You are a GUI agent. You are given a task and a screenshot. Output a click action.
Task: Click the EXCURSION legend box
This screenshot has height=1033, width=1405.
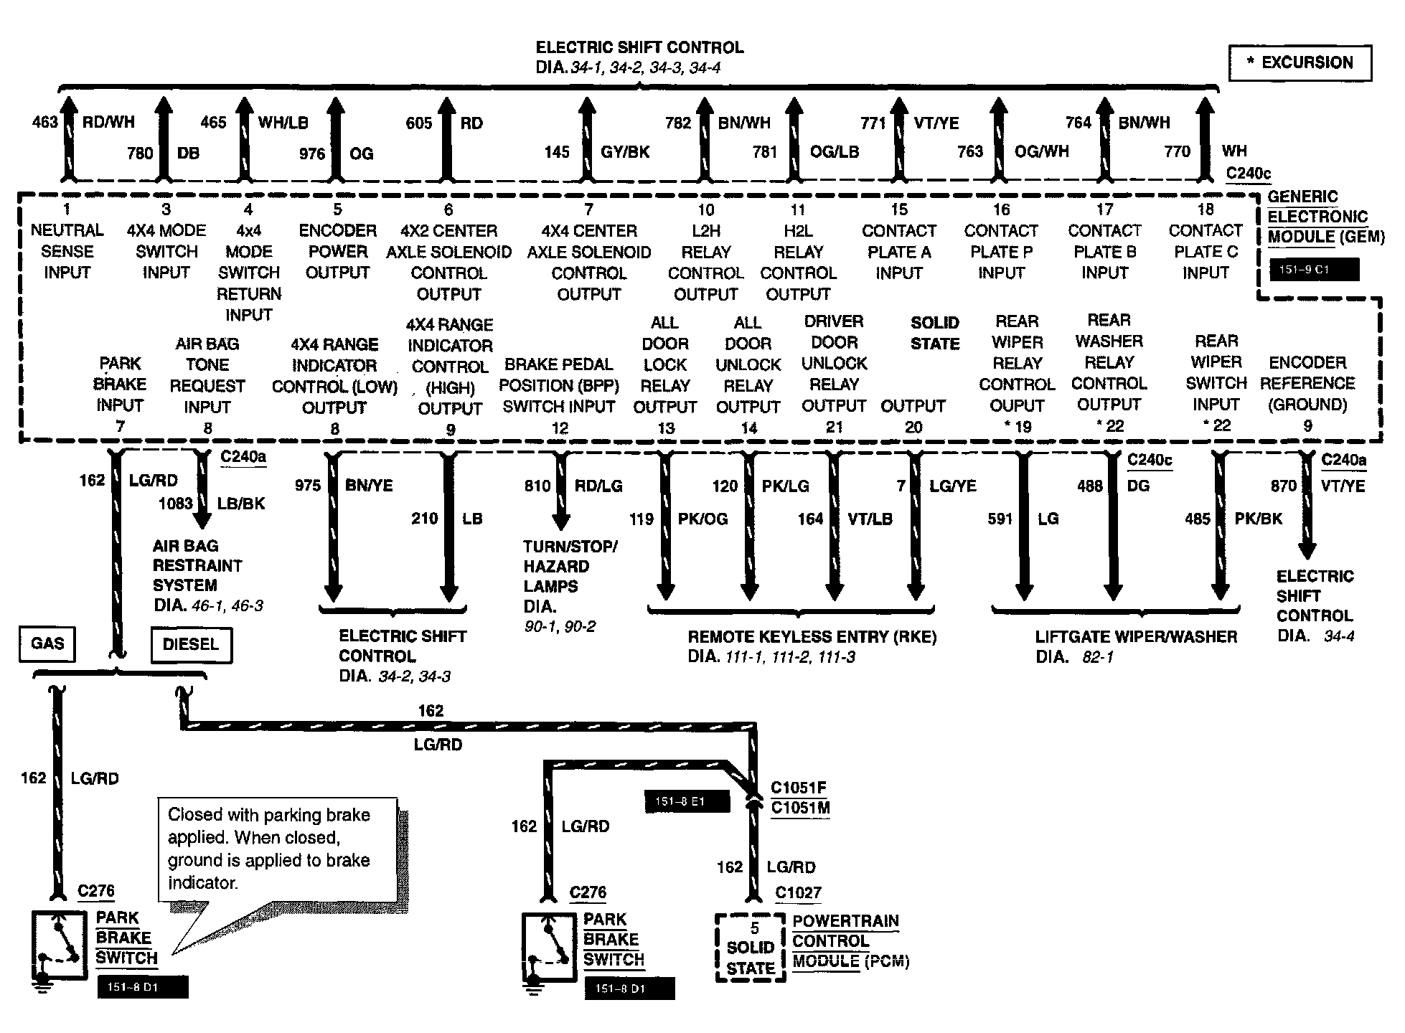coord(1300,63)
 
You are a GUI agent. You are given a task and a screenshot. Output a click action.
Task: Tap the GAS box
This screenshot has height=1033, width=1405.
coord(47,643)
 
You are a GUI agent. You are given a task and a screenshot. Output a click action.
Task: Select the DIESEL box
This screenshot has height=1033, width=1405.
coord(190,644)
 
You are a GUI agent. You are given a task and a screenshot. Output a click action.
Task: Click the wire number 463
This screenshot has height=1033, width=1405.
coord(44,122)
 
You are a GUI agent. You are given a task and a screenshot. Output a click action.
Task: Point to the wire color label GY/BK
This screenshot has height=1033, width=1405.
coord(626,152)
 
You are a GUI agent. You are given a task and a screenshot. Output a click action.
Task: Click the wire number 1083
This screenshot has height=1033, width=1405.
coord(175,504)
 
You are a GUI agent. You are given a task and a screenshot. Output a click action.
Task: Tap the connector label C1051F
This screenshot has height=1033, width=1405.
coord(798,788)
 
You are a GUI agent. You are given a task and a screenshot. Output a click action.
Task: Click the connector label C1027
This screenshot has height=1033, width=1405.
coord(798,893)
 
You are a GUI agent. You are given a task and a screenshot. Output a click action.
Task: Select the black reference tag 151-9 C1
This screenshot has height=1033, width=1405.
coord(1314,270)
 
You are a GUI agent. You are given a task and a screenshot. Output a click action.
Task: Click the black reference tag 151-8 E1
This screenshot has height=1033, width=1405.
coord(687,801)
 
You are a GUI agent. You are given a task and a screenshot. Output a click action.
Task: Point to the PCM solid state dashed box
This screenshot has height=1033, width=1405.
coord(750,948)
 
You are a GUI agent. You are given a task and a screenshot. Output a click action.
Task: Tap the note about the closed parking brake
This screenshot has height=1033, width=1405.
coord(277,849)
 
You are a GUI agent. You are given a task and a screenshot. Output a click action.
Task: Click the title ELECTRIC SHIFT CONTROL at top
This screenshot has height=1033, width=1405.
coord(639,48)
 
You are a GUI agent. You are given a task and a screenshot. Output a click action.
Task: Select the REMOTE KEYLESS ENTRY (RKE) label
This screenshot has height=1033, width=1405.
coord(812,637)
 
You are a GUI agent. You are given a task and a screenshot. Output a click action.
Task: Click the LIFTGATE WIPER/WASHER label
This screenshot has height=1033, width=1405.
coord(1135,637)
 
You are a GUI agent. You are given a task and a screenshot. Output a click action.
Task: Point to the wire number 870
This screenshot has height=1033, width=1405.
coord(1283,486)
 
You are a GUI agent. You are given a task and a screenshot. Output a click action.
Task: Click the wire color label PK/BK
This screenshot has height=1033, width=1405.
coord(1257,519)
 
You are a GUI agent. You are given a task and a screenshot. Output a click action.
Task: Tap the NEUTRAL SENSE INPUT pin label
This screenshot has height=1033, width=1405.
coord(67,251)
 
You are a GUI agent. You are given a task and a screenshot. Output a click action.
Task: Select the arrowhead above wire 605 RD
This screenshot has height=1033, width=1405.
coord(447,107)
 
